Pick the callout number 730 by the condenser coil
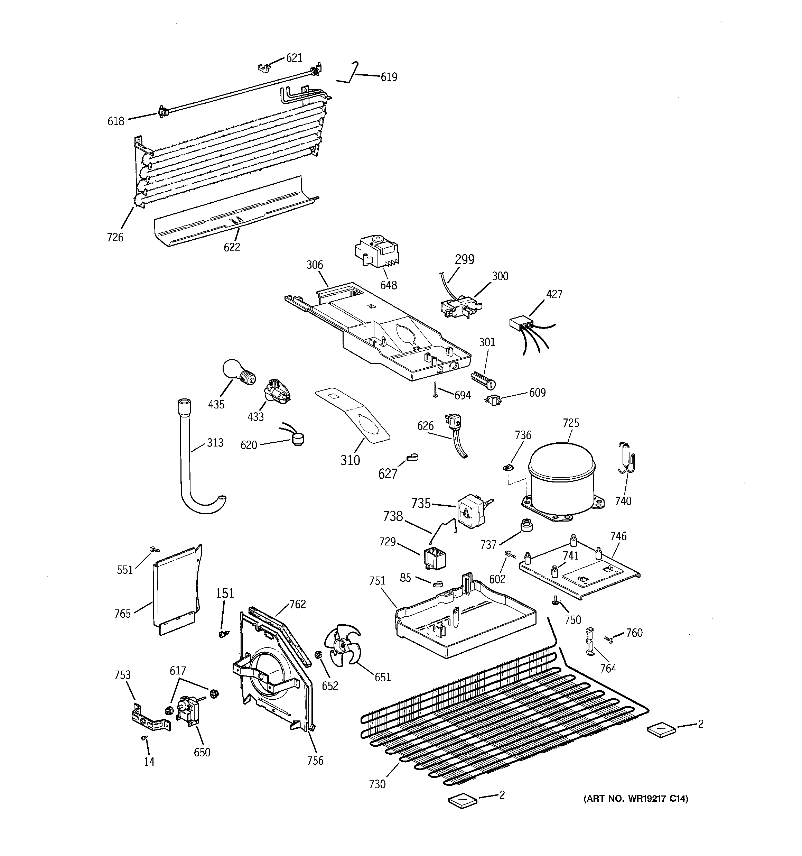[377, 784]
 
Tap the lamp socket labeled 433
[276, 391]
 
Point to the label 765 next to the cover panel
[122, 614]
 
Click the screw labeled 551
[153, 550]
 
